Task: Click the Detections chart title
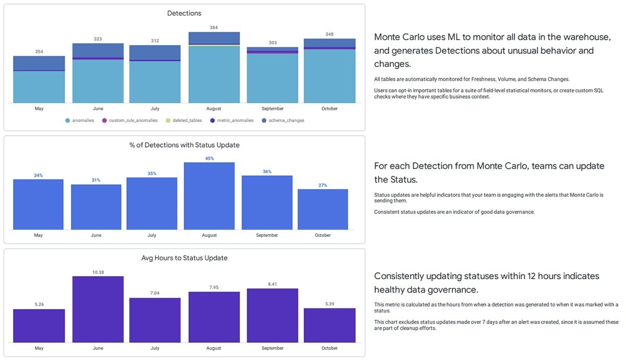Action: [184, 13]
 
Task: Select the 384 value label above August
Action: [214, 28]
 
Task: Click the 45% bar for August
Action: [209, 196]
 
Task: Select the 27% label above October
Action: [323, 185]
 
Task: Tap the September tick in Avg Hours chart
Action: [272, 348]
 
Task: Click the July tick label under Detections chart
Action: [154, 109]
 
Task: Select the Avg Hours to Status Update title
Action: [184, 258]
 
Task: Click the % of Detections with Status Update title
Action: [184, 145]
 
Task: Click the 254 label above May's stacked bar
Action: [39, 52]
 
